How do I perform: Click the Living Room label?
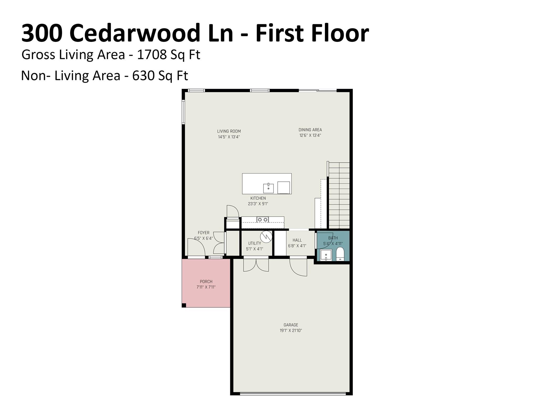click(x=229, y=131)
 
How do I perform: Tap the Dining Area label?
click(x=310, y=130)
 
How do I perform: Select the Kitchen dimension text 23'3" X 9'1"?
click(x=258, y=204)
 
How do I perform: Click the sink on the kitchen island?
click(x=268, y=188)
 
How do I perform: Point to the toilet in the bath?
click(x=340, y=254)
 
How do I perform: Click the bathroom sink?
click(x=326, y=255)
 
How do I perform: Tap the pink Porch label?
click(x=206, y=281)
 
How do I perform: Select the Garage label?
click(x=291, y=325)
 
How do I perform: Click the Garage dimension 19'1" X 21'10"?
click(x=291, y=331)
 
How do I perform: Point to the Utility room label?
click(x=255, y=243)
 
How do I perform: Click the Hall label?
click(x=297, y=240)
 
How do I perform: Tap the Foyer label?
click(x=204, y=233)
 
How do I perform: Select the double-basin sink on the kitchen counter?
click(x=263, y=220)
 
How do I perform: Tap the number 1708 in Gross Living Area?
click(x=152, y=55)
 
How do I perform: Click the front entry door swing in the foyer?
click(x=196, y=247)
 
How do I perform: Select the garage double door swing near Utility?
click(x=256, y=265)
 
